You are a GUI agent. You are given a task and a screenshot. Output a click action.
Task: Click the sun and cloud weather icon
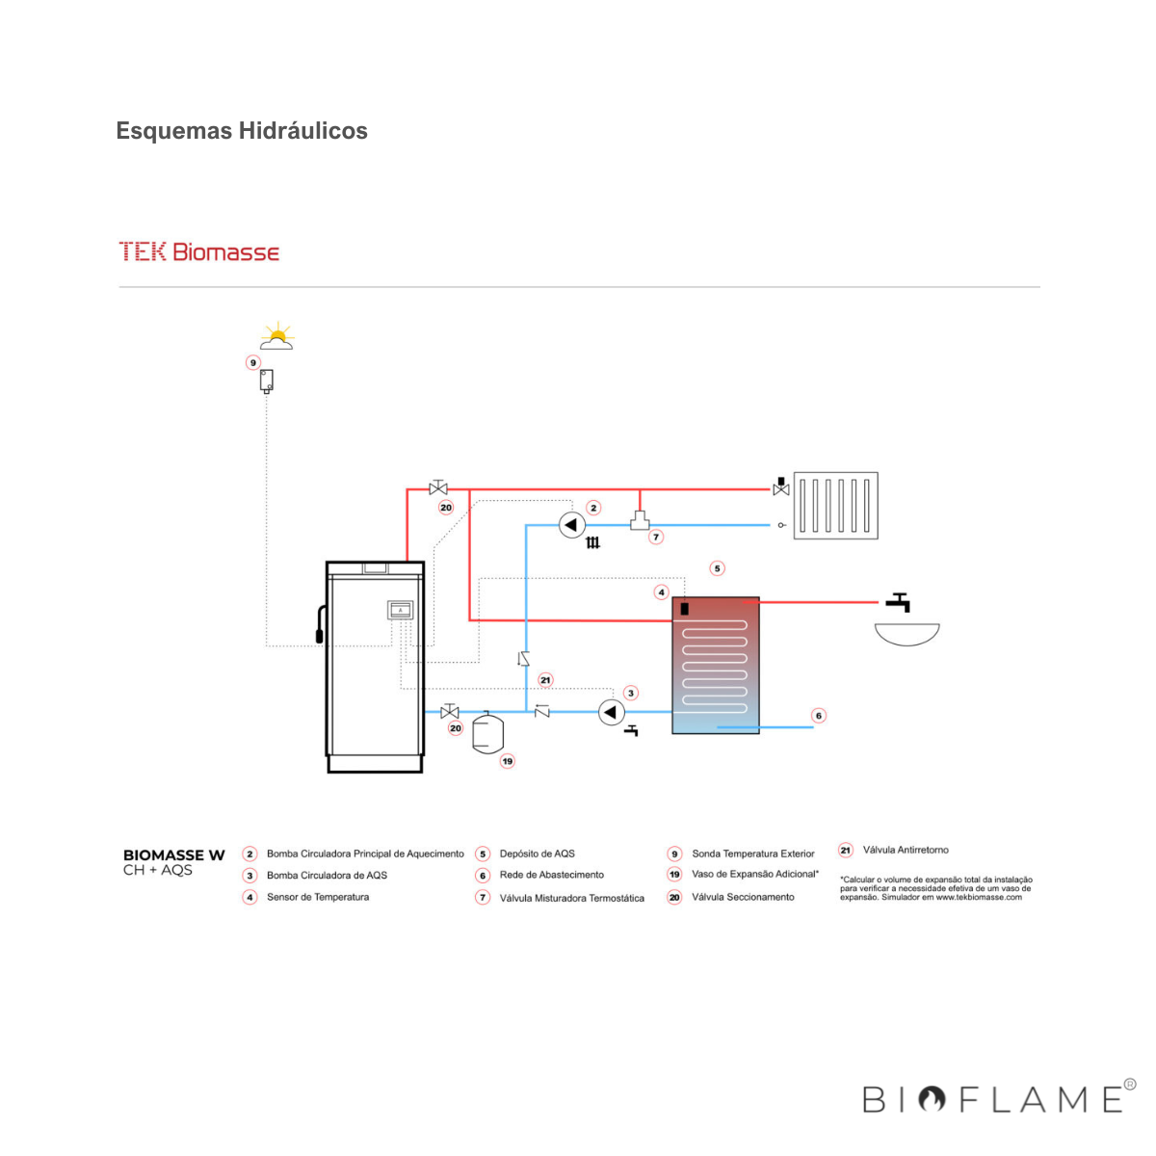[x=276, y=336]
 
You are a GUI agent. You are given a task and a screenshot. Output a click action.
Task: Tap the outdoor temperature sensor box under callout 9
[x=267, y=381]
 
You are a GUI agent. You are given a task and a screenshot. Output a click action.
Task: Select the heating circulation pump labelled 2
[x=572, y=525]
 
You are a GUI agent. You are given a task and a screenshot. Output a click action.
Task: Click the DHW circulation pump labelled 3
[x=612, y=712]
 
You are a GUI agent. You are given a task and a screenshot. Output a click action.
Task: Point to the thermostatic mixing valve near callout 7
[x=640, y=521]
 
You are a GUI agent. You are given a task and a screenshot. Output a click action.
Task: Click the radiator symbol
[x=835, y=505]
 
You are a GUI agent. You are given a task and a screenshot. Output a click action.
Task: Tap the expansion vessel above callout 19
[x=488, y=732]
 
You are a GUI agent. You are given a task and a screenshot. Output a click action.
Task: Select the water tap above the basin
[x=899, y=602]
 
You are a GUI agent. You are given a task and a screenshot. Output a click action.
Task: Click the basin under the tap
[x=906, y=634]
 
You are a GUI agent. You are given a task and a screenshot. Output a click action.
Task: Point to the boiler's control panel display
[x=400, y=610]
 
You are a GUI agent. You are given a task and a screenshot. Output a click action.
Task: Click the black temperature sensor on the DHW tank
[x=684, y=608]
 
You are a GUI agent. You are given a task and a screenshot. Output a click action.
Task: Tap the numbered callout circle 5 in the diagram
[x=717, y=568]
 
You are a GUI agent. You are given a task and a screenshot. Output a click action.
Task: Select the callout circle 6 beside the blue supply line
[x=819, y=716]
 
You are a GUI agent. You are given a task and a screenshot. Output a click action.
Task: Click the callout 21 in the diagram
[x=546, y=680]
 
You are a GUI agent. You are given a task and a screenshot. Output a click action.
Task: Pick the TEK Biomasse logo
[x=199, y=252]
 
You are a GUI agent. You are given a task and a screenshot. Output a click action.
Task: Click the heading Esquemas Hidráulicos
[x=242, y=131]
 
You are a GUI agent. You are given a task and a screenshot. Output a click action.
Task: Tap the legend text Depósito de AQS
[x=537, y=854]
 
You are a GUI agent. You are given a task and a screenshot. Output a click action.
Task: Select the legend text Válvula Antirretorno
[x=906, y=850]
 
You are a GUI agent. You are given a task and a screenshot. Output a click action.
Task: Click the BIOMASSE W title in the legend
[x=173, y=854]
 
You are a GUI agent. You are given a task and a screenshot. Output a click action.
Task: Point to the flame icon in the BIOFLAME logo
[x=932, y=1099]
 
